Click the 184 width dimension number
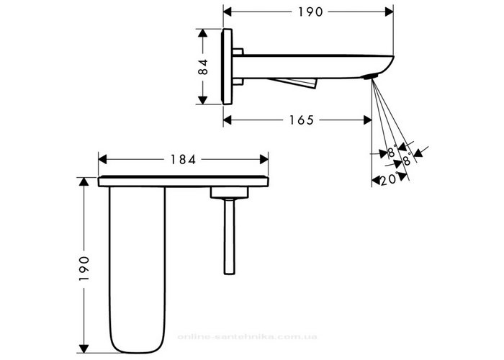183,159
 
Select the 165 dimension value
301,120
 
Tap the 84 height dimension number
203,67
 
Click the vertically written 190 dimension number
84,269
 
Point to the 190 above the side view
310,12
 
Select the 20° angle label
390,179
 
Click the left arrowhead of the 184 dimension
102,159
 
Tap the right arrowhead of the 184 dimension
264,159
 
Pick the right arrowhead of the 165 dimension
368,120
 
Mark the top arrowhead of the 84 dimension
202,33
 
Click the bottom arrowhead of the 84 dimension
202,100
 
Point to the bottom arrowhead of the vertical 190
84,348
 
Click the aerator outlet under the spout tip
369,76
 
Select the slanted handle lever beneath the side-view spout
292,83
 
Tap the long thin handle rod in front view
229,237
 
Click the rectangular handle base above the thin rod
229,192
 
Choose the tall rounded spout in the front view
138,269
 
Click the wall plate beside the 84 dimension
227,66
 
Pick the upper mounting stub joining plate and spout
238,52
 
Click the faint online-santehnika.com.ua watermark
247,337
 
